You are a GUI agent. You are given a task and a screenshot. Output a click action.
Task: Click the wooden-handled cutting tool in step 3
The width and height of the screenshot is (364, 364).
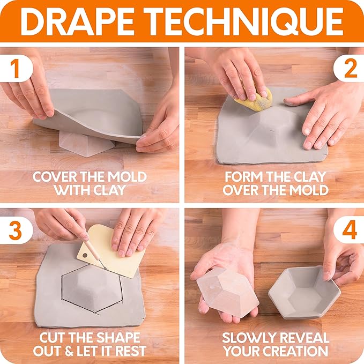pyautogui.click(x=91, y=244)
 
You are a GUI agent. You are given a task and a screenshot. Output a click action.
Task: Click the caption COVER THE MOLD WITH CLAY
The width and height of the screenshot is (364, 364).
pyautogui.click(x=90, y=183)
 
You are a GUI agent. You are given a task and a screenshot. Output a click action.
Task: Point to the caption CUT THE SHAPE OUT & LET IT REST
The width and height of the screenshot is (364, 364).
pyautogui.click(x=90, y=344)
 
